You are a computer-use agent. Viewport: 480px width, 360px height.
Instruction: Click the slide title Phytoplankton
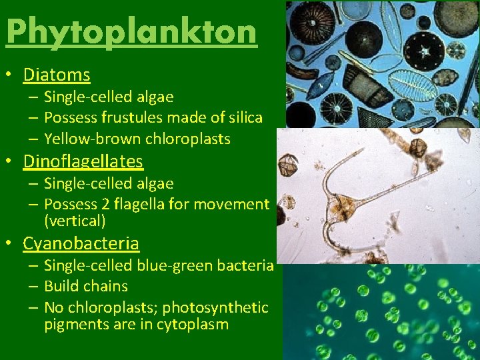coord(131,32)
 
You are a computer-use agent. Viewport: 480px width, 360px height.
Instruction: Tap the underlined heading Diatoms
coord(57,75)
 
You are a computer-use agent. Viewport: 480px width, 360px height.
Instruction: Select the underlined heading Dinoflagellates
coord(83,161)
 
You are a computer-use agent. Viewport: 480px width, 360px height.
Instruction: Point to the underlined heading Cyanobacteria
coord(81,243)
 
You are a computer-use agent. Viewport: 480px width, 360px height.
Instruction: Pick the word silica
coord(243,118)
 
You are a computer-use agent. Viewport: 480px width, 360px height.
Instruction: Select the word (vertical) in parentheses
coord(75,220)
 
